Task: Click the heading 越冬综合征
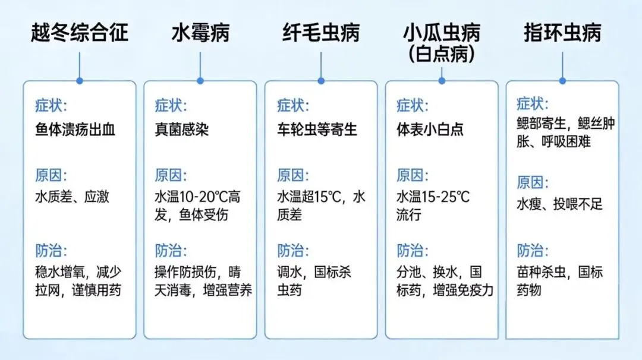pyautogui.click(x=80, y=32)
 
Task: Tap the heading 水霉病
pyautogui.click(x=200, y=32)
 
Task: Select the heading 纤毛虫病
pyautogui.click(x=321, y=32)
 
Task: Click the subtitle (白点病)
pyautogui.click(x=442, y=54)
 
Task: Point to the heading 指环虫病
pyautogui.click(x=562, y=32)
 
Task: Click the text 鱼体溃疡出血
pyautogui.click(x=75, y=129)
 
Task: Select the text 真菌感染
pyautogui.click(x=182, y=129)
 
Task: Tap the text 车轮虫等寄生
pyautogui.click(x=317, y=129)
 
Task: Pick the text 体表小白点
pyautogui.click(x=430, y=129)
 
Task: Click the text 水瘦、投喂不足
pyautogui.click(x=559, y=204)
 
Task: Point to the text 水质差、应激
pyautogui.click(x=72, y=197)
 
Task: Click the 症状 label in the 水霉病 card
pyautogui.click(x=171, y=106)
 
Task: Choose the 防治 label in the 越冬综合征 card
pyautogui.click(x=51, y=250)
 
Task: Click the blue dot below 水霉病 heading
pyautogui.click(x=200, y=80)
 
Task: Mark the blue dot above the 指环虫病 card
pyautogui.click(x=562, y=80)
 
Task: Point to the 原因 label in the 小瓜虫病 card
pyautogui.click(x=412, y=176)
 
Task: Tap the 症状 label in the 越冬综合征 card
pyautogui.click(x=51, y=106)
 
